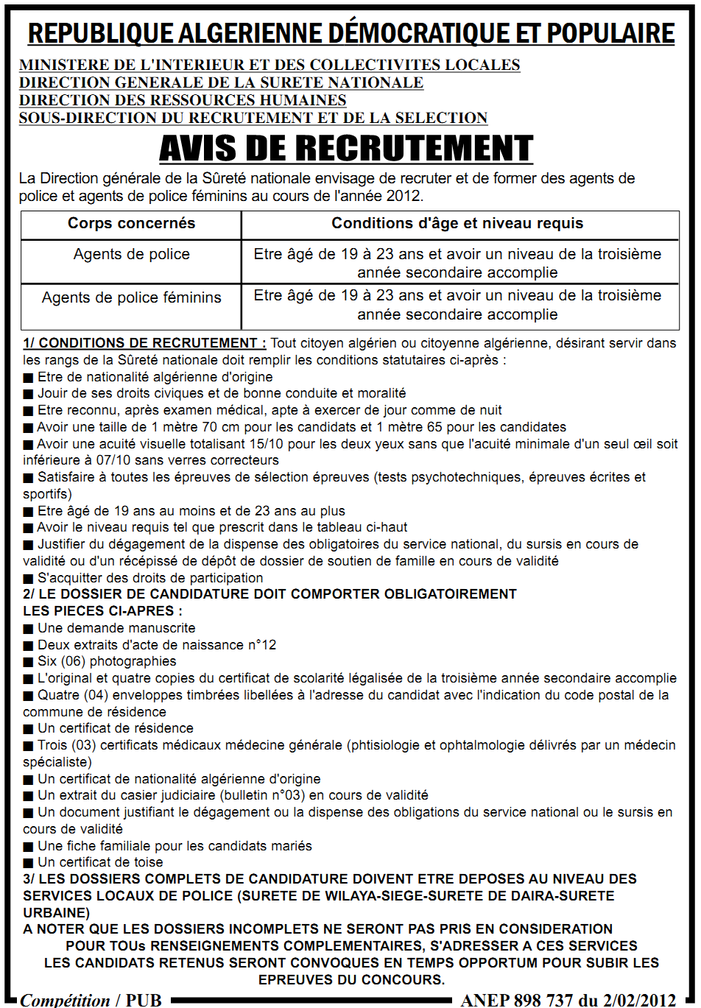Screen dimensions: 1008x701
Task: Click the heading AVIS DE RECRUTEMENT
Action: click(x=346, y=149)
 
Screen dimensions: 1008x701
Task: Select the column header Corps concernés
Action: click(x=131, y=224)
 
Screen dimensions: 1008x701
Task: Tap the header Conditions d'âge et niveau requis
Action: click(x=457, y=224)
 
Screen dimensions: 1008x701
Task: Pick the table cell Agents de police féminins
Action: click(x=131, y=297)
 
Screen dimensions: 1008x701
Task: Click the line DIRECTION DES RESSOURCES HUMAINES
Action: click(x=183, y=100)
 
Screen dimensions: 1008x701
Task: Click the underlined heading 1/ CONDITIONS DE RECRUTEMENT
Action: click(x=144, y=343)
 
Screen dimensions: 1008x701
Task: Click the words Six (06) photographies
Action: click(x=107, y=661)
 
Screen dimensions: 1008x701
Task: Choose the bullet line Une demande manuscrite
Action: click(x=116, y=628)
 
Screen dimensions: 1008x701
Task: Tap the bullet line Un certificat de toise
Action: click(x=100, y=862)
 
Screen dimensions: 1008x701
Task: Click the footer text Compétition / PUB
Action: click(x=91, y=1000)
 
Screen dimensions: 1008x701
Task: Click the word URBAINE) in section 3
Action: click(x=56, y=913)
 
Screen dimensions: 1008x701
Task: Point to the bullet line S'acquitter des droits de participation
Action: click(x=150, y=578)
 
